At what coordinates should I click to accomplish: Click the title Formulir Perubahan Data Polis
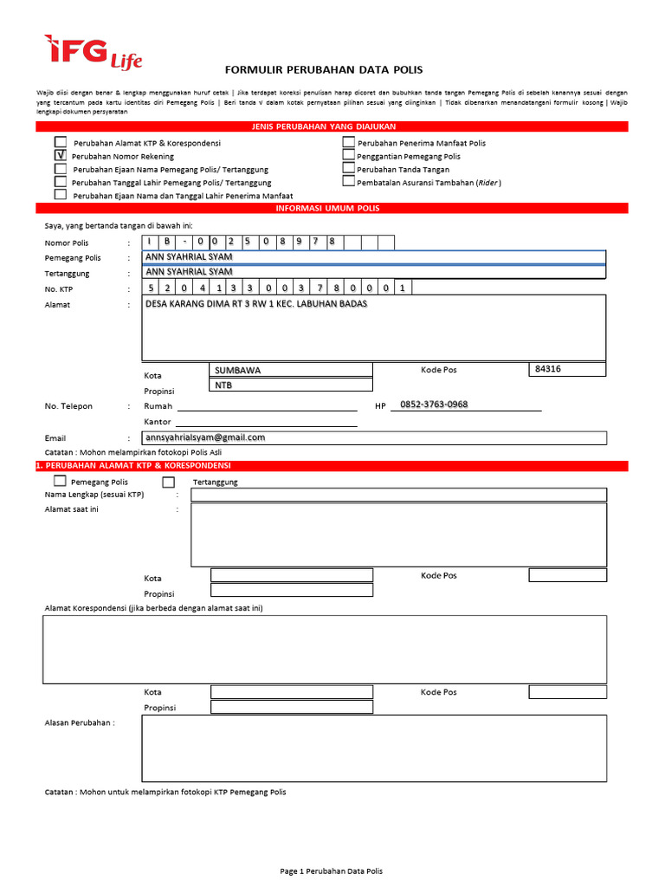pos(324,69)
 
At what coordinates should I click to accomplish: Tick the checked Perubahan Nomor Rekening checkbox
pos(61,155)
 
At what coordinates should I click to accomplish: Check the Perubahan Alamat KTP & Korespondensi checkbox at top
pos(61,142)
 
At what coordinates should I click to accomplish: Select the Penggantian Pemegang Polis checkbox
pos(348,156)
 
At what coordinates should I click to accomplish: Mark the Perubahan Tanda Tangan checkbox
pos(348,169)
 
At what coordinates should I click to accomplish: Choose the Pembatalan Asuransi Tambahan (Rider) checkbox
pos(348,182)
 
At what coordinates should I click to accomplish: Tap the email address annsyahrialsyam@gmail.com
pos(205,437)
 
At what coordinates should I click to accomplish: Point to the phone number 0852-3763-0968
pos(434,405)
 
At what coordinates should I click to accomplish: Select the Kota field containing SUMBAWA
pos(291,370)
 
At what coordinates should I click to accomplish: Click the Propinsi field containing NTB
pos(291,385)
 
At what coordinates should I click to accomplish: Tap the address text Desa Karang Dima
pos(256,304)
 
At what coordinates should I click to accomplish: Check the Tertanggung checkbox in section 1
pos(169,482)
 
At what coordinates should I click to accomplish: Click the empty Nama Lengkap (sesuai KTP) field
pos(398,495)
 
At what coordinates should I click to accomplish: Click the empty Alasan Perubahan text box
pos(374,747)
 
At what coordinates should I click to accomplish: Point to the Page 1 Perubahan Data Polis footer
pos(332,871)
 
